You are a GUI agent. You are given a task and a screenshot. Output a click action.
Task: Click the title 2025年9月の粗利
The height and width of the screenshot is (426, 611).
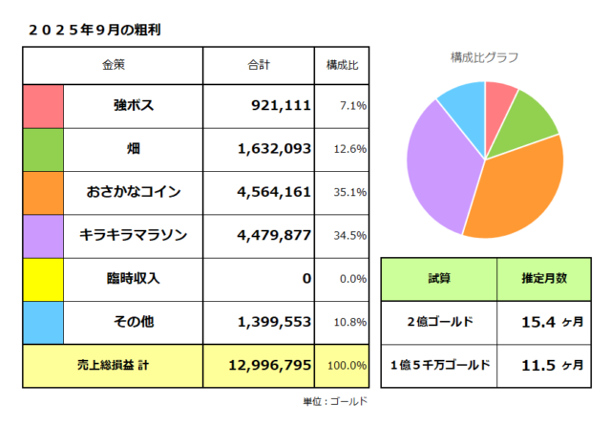click(x=94, y=30)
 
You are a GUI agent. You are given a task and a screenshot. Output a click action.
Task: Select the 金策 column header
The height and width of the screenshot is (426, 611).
click(x=114, y=65)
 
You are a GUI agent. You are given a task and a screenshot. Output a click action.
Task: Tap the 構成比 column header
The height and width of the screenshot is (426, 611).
click(x=342, y=65)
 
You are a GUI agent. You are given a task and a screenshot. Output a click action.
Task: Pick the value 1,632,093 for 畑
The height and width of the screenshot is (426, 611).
click(x=274, y=148)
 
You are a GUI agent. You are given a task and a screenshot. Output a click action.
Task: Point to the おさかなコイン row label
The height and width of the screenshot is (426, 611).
click(x=134, y=191)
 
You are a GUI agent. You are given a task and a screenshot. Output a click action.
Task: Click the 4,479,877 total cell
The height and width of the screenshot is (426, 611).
click(x=274, y=235)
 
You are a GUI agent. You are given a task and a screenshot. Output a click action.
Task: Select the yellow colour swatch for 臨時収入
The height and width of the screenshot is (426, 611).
click(x=43, y=278)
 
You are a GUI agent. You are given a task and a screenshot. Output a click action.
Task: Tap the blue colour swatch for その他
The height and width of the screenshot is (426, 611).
click(x=43, y=322)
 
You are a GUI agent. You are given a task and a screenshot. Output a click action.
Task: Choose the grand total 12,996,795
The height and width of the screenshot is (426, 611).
click(x=270, y=365)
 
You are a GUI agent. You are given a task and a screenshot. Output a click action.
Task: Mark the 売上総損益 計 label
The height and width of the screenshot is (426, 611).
click(x=113, y=365)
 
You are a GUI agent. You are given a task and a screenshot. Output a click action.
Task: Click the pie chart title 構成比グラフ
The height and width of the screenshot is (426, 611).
click(x=485, y=57)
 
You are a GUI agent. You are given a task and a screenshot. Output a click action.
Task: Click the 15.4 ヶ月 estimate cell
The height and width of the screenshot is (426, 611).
click(x=551, y=322)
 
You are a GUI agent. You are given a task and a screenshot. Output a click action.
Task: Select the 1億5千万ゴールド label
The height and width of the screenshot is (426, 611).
click(x=439, y=365)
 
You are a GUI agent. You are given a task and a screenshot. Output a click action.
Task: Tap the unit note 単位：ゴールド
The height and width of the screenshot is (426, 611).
click(x=335, y=402)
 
